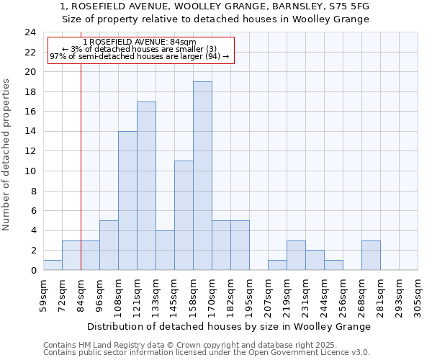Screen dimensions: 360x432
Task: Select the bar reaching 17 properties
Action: point(146,186)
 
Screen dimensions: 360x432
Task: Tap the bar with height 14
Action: point(127,200)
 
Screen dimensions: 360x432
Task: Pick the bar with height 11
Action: point(184,215)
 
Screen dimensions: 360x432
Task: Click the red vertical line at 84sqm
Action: point(81,180)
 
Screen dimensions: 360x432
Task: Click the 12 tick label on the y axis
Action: point(30,151)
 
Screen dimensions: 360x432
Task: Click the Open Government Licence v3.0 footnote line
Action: point(206,352)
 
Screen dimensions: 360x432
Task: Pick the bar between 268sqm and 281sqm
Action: point(371,255)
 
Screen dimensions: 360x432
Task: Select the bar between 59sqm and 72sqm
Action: point(53,265)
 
